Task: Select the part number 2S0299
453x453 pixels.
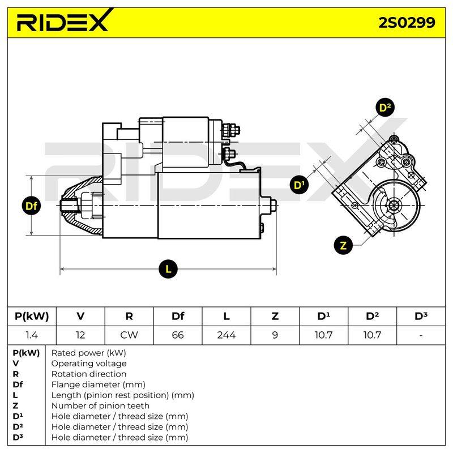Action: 407,23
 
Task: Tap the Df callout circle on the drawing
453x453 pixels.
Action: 31,206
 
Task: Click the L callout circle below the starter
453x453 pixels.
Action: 168,270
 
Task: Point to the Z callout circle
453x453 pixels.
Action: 343,246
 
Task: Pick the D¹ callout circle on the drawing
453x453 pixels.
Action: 299,185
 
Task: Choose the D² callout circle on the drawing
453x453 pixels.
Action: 385,108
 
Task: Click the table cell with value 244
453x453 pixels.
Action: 226,335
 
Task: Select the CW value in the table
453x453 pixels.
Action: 129,335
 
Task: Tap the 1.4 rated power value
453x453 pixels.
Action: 32,335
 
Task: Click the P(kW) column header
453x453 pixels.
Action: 32,317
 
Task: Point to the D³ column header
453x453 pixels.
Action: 421,316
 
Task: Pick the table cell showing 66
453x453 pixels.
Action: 178,335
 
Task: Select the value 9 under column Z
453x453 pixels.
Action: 275,335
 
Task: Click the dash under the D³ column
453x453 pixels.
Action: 421,335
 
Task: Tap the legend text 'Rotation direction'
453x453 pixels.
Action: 89,374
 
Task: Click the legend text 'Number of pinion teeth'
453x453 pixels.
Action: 100,405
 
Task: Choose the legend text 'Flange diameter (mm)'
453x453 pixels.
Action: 98,384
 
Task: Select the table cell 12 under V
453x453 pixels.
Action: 80,335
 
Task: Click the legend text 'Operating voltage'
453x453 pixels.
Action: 89,364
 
